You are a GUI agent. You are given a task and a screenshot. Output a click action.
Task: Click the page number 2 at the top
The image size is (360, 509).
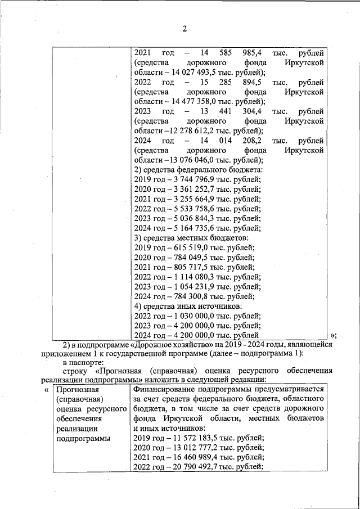[x=184, y=29]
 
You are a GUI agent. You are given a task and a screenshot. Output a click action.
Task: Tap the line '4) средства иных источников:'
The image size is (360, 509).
[x=188, y=305]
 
